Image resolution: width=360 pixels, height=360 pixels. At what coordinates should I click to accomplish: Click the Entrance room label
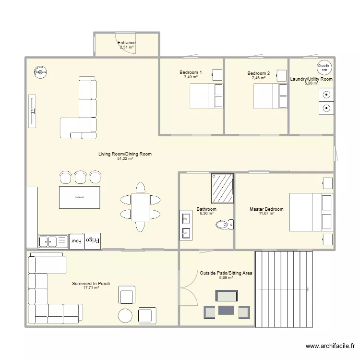pos(127,43)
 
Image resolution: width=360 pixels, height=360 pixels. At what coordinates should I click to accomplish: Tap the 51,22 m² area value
pos(125,158)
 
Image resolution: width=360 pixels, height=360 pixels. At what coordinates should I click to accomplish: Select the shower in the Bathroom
pos(222,188)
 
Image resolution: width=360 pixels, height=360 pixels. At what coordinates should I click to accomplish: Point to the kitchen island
pos(80,197)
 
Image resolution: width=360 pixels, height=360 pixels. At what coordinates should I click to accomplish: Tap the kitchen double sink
pos(54,241)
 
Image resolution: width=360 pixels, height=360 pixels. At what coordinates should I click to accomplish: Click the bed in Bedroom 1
pos(206,96)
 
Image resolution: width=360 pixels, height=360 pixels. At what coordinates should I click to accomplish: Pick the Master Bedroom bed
pos(311,212)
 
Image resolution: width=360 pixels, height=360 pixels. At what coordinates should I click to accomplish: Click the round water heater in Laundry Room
pos(324,68)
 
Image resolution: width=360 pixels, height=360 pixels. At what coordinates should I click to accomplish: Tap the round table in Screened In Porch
pos(126,315)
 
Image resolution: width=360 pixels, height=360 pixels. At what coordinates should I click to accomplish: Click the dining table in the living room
pos(141,206)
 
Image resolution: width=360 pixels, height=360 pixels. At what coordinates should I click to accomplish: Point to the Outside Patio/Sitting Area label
pos(226,273)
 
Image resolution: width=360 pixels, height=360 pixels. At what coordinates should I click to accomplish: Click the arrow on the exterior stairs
pos(283,289)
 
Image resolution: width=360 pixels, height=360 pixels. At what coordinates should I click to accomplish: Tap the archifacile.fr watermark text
pos(331,346)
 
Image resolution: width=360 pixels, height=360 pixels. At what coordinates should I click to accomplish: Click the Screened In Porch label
pos(91,284)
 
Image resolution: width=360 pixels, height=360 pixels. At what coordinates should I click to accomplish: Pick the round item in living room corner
pos(40,71)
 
